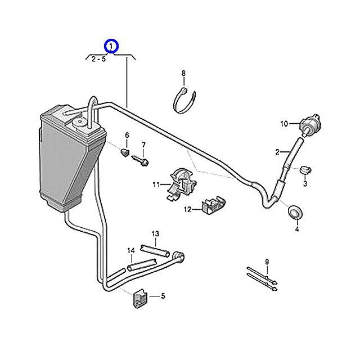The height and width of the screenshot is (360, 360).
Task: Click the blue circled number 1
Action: pyautogui.click(x=111, y=46)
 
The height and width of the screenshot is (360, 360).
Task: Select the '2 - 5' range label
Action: pyautogui.click(x=98, y=58)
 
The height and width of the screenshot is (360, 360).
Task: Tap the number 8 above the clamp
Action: pyautogui.click(x=183, y=74)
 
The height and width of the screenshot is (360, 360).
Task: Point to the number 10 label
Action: pyautogui.click(x=284, y=123)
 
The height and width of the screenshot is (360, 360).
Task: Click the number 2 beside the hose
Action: pyautogui.click(x=277, y=152)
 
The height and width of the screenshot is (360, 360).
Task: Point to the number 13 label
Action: pyautogui.click(x=155, y=233)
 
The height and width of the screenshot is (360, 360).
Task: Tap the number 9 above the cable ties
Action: pyautogui.click(x=267, y=262)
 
